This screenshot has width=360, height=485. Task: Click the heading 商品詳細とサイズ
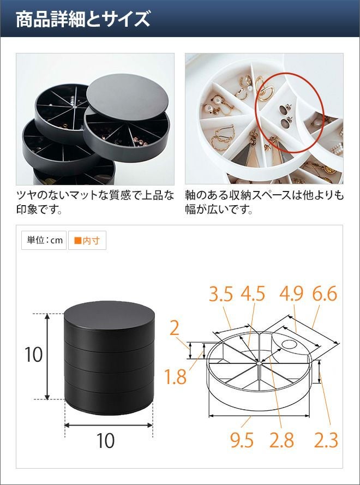pos(83,19)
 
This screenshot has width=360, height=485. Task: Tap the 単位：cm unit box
pos(44,241)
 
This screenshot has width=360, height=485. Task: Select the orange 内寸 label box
pos(87,241)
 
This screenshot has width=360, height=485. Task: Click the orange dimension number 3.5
pos(221,294)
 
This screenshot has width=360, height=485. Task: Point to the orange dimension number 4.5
pos(253,294)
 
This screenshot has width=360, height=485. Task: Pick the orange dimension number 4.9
pos(291,294)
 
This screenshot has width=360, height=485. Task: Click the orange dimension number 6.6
pos(325,294)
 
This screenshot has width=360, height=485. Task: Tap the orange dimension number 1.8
pos(175,377)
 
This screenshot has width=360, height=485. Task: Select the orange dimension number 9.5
pos(242,440)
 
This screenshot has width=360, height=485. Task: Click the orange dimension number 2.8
pos(281,440)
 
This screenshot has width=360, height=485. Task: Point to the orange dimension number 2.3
pos(326,440)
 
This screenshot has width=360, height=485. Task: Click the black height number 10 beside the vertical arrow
pos(33,355)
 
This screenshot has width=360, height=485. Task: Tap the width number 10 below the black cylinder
pos(105,441)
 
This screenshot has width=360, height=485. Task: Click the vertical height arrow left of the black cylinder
pos(47,356)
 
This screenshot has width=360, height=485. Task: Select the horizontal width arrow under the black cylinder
pos(109,426)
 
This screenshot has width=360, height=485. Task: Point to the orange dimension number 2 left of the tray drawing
pos(175,329)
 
